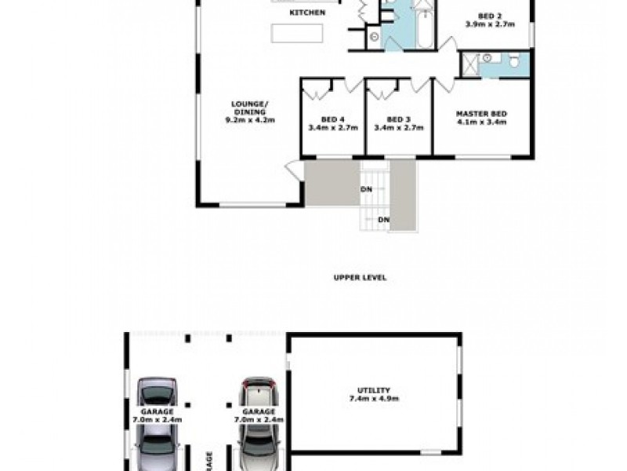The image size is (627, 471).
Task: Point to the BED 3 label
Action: (399, 119)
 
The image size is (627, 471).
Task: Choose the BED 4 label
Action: (333, 119)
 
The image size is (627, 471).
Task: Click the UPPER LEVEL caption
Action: (360, 278)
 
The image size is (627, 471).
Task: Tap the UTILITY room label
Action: (375, 390)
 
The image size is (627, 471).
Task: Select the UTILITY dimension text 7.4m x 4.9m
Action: (375, 400)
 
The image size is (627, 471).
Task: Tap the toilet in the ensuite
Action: (515, 61)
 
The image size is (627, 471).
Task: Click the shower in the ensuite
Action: (469, 64)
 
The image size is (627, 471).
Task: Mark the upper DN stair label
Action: (366, 189)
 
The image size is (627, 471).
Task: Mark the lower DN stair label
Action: (383, 220)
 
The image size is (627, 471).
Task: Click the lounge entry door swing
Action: (294, 170)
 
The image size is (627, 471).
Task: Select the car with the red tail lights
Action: (259, 424)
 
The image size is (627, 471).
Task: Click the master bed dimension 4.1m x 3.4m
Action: (481, 122)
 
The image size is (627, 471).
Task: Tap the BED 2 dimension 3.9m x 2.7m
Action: (489, 24)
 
